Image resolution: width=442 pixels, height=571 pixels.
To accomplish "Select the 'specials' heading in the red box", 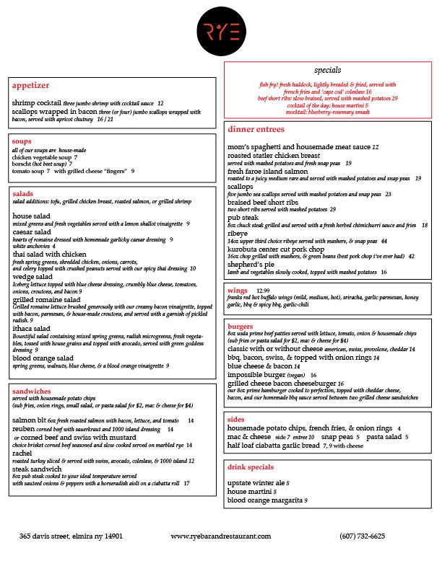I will coord(329,71).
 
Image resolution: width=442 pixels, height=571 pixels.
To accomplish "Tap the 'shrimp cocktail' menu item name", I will coord(36,103).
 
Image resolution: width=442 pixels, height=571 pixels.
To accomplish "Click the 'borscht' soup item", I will coord(24,164).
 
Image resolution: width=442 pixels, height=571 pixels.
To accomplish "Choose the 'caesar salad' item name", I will coord(33,232).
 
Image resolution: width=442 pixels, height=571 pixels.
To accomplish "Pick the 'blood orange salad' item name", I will coord(43,358).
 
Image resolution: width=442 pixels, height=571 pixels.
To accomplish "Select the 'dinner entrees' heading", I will coord(256,130).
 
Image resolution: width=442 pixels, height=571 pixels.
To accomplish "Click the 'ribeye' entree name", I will coord(238,234).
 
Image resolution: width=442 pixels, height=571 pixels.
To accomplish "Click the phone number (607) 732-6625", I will coord(362,536).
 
